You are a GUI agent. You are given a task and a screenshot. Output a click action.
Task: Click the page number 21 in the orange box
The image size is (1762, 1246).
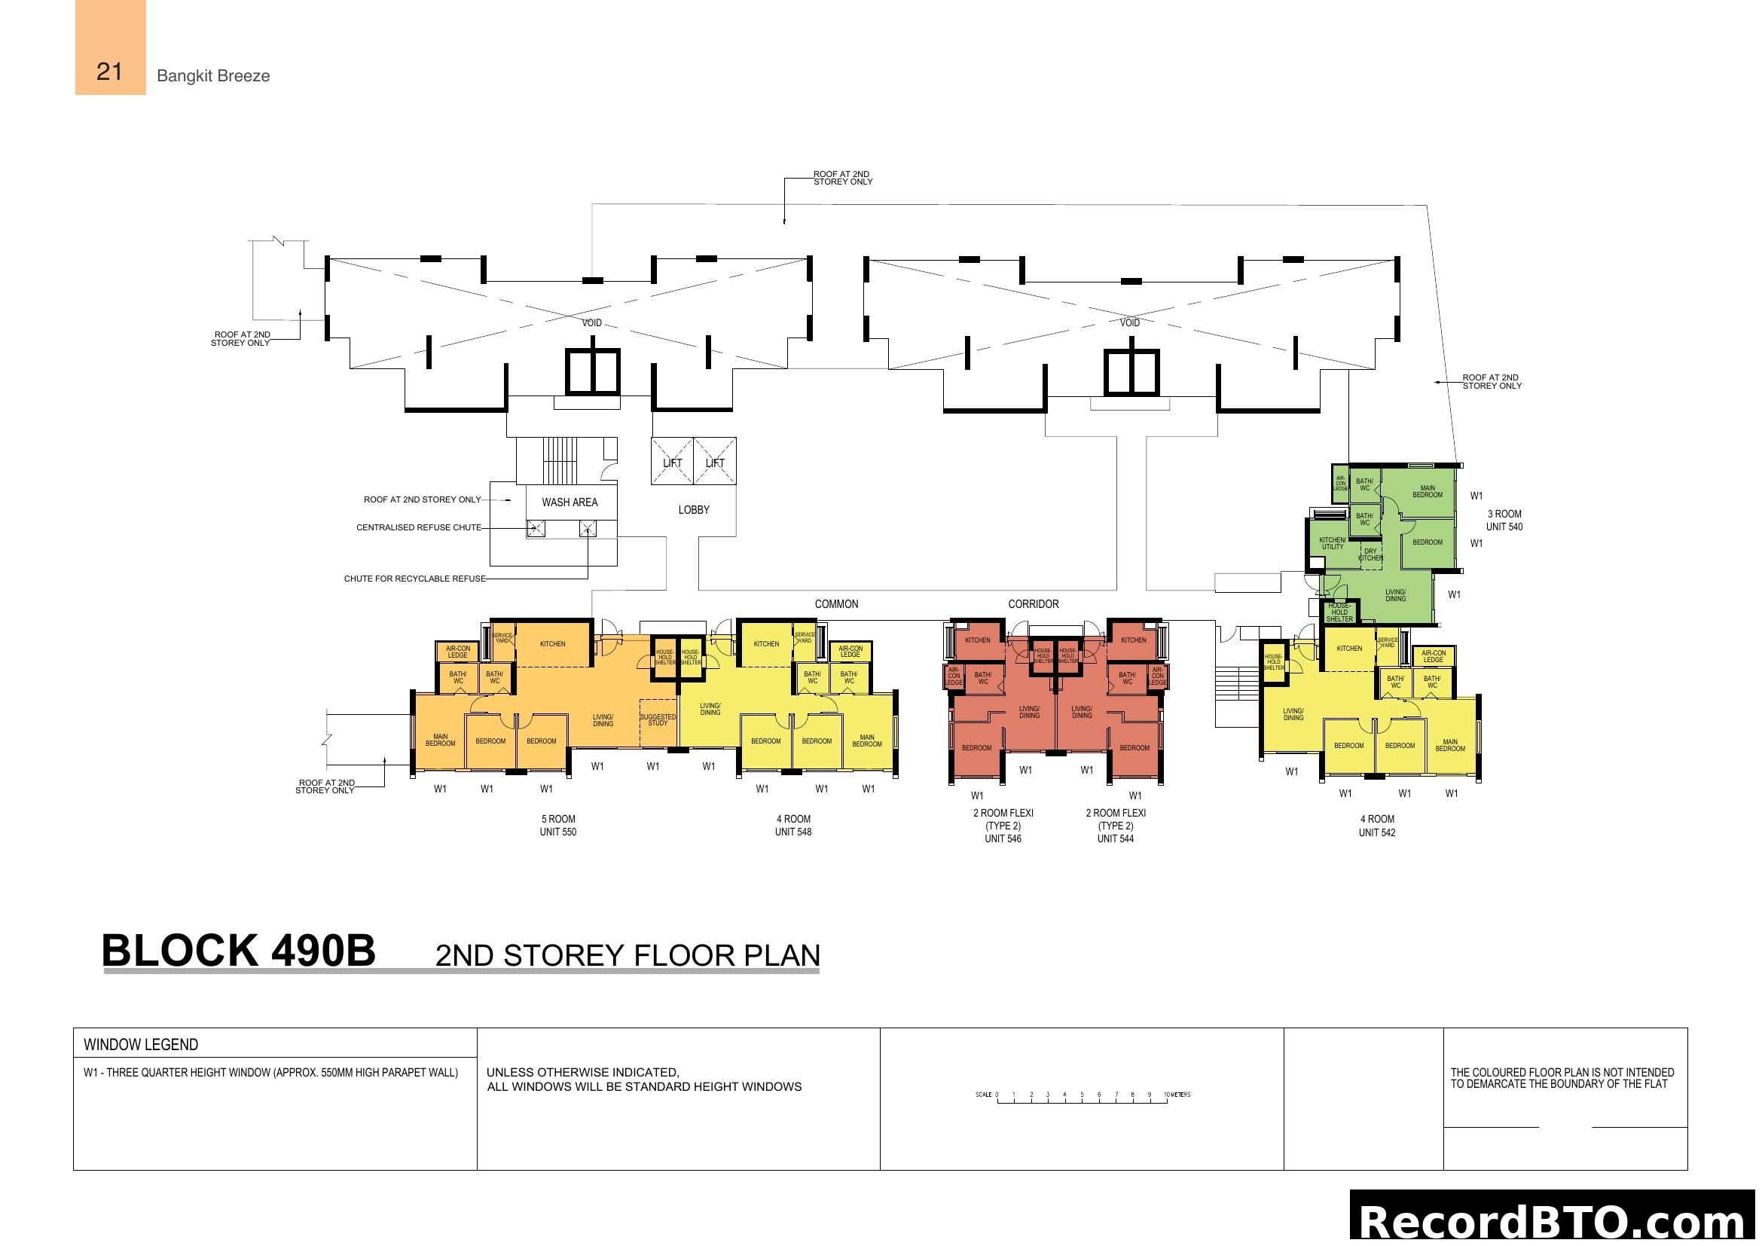click(x=110, y=72)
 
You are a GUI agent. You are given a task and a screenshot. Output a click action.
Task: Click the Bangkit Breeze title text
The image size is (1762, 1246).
click(x=212, y=76)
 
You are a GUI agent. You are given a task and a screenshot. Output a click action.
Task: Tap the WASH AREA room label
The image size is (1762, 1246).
click(x=570, y=502)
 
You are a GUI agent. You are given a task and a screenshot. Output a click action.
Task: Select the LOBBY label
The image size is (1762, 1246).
click(x=694, y=510)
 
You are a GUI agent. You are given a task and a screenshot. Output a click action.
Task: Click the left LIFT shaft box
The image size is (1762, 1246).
click(x=672, y=462)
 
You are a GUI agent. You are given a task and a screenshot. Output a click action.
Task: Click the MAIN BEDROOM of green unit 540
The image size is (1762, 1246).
click(x=1428, y=492)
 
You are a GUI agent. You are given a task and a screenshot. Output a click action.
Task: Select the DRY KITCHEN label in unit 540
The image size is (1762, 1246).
click(x=1370, y=554)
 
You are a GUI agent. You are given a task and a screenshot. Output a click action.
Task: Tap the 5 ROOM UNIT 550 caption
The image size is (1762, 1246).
click(x=558, y=826)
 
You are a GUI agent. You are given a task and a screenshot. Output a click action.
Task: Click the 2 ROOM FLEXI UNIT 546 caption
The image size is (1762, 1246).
click(x=1003, y=826)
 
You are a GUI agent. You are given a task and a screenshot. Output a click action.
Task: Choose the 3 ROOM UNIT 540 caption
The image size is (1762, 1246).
click(x=1504, y=521)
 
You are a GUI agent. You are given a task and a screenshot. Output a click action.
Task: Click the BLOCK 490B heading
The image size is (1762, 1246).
click(x=239, y=951)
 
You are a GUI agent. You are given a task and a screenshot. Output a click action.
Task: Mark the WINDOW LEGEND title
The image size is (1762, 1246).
click(x=141, y=1045)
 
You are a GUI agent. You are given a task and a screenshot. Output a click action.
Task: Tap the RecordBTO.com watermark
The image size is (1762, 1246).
click(x=1555, y=1221)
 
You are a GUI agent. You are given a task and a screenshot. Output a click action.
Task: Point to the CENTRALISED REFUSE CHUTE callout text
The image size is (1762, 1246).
click(x=419, y=528)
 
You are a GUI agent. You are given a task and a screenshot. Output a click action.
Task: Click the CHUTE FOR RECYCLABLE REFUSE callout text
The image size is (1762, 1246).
click(x=414, y=579)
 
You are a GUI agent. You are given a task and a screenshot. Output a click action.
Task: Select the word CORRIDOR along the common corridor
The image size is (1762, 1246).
click(x=1033, y=605)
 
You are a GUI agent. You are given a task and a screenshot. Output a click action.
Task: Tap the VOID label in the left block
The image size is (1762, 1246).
click(x=591, y=323)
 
